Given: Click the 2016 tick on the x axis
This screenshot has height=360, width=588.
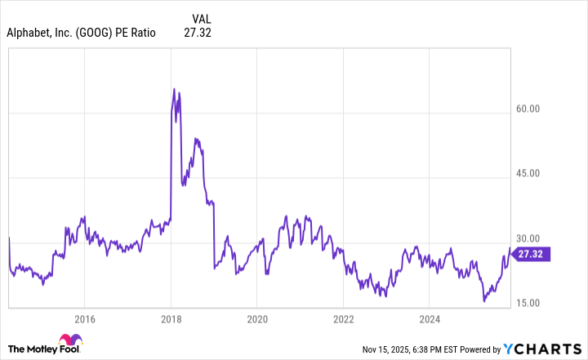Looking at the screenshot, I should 84,318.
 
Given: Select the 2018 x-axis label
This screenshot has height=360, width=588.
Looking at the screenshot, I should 171,318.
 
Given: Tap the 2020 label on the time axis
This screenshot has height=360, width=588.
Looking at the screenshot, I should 257,318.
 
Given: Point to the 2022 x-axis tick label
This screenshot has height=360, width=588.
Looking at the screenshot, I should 344,318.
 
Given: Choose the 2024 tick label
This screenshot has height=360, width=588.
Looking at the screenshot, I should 430,318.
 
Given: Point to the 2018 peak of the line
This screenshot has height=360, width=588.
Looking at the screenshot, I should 174,88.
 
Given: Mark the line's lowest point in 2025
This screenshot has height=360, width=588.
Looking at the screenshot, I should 484,301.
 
